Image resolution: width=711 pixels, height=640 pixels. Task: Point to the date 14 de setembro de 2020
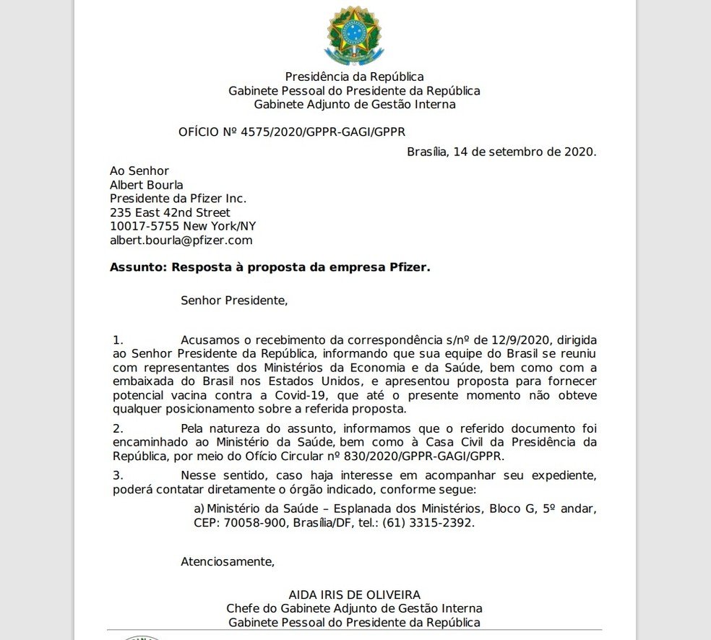[x=525, y=152]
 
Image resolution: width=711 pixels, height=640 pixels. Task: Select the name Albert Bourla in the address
[x=147, y=185]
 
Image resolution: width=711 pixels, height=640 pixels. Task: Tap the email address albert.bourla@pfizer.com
[x=181, y=241]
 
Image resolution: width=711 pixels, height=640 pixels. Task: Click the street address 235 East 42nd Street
[x=171, y=213]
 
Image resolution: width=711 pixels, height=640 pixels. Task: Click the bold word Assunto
[x=137, y=267]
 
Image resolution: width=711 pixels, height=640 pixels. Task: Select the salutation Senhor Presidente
[x=234, y=300]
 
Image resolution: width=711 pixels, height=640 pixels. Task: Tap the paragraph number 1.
[x=118, y=339]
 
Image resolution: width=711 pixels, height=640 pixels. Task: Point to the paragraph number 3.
[x=118, y=475]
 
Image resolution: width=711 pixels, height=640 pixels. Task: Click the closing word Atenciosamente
[x=228, y=561]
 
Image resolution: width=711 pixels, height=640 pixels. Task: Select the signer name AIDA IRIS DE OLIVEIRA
[x=354, y=595]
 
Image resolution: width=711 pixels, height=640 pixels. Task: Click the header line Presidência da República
[x=354, y=77]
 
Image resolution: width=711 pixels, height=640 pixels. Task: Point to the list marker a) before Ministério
[x=199, y=509]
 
